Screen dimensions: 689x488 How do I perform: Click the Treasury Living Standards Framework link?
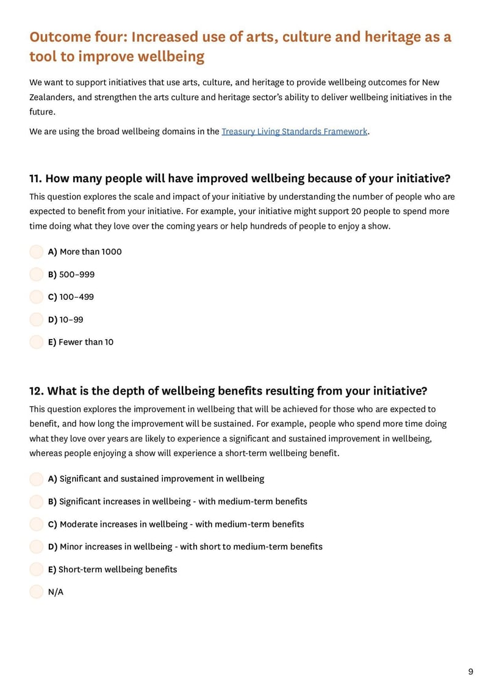(294, 131)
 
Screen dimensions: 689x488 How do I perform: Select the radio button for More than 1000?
(37, 252)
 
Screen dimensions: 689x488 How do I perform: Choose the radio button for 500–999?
(37, 274)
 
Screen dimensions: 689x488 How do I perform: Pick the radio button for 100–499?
(37, 297)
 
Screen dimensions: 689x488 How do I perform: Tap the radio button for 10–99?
(37, 320)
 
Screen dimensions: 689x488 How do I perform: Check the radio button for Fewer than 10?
(37, 342)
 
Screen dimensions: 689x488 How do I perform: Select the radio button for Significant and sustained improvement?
(37, 479)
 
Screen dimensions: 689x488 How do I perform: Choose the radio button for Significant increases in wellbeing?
(37, 502)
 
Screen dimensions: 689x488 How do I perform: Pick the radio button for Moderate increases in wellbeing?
(37, 524)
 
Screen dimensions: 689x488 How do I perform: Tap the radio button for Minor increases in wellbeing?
(37, 547)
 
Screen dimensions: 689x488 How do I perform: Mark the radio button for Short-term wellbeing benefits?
(37, 569)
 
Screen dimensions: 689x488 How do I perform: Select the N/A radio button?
(37, 592)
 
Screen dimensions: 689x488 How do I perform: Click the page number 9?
(470, 672)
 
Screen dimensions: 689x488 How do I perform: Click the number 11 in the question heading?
(35, 179)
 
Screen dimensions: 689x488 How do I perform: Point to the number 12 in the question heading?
(36, 391)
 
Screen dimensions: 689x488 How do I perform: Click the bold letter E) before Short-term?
(52, 569)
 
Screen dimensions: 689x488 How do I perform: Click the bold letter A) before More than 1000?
(52, 252)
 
